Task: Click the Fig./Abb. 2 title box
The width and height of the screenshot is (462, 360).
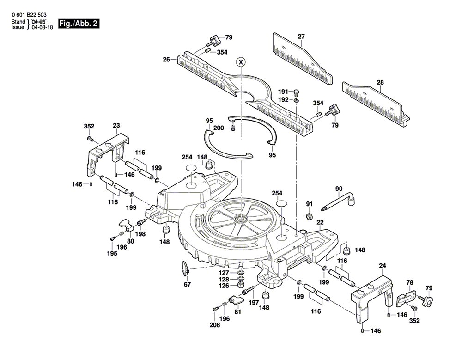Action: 79,24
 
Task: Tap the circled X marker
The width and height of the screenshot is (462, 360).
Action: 241,62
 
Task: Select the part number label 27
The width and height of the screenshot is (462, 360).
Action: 301,37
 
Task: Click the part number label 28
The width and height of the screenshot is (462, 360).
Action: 380,82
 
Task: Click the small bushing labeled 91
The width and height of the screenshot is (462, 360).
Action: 309,216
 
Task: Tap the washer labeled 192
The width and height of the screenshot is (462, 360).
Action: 297,100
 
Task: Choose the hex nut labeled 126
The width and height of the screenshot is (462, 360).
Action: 240,285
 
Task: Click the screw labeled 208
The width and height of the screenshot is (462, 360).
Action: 215,309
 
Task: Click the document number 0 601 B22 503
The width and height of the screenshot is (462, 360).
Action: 29,15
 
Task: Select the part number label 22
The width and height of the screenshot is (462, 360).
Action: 320,222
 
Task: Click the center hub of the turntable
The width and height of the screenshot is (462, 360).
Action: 241,219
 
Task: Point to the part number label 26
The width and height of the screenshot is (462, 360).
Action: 167,59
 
